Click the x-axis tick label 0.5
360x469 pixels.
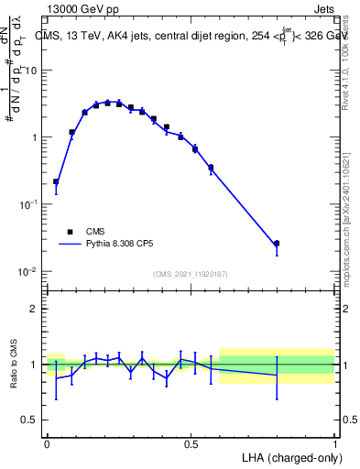[191, 443]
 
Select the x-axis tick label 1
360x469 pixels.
[334, 443]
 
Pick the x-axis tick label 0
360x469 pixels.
[47, 443]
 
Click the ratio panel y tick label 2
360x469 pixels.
[34, 309]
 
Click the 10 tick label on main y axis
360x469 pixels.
[31, 71]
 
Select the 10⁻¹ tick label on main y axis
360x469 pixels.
[28, 204]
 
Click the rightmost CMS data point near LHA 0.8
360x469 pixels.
[277, 244]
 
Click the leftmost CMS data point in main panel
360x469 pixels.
[56, 181]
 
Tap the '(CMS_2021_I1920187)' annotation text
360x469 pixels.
[191, 274]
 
